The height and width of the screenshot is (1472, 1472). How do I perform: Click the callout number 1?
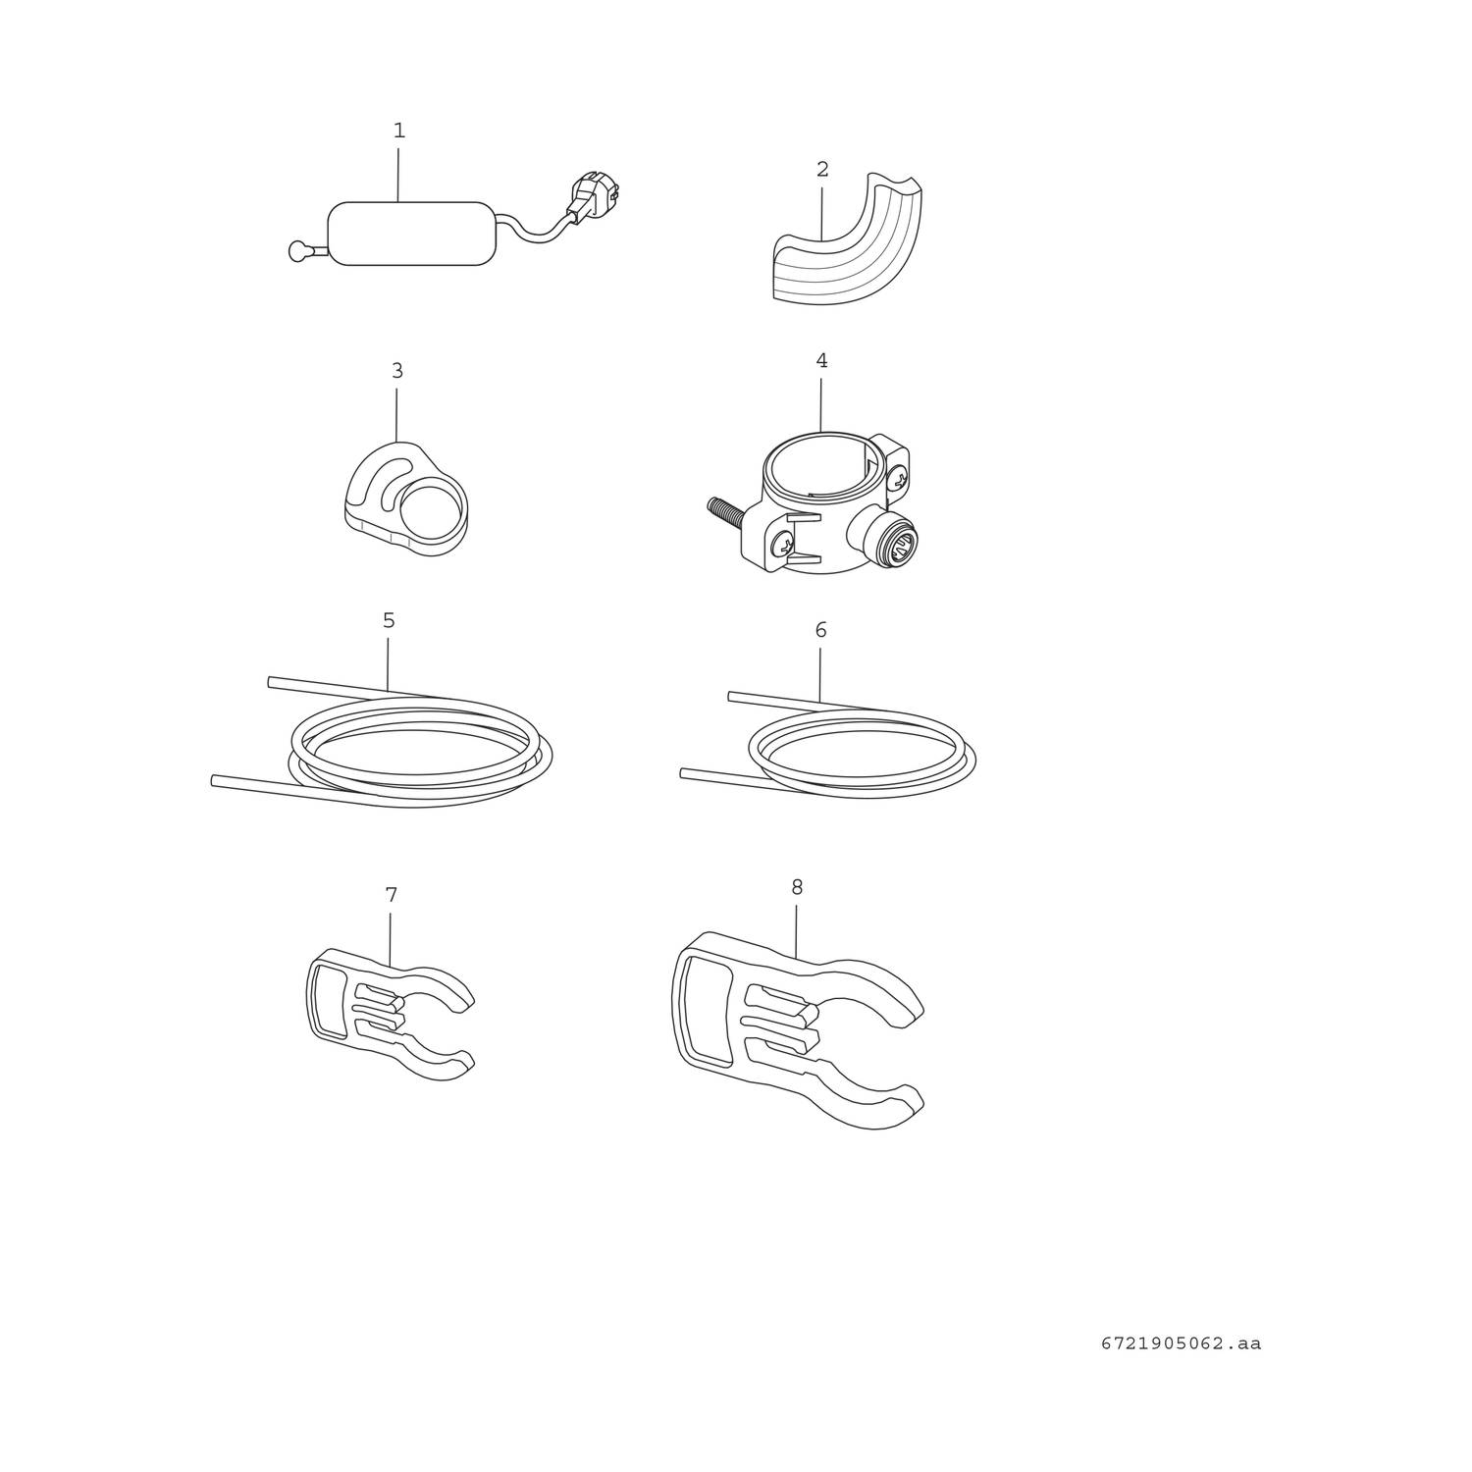[399, 131]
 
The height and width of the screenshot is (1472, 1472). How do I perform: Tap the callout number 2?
[822, 170]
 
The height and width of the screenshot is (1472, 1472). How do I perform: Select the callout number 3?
[397, 371]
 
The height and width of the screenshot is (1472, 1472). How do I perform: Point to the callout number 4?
[821, 361]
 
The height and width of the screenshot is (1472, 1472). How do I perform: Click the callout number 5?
[389, 620]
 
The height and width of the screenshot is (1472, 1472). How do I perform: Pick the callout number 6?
[820, 630]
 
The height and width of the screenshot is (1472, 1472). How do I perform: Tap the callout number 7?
[392, 895]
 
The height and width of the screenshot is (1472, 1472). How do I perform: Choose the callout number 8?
[797, 887]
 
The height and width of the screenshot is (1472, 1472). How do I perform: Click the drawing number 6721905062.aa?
[1181, 1343]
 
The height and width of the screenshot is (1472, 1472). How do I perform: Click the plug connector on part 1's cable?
[594, 196]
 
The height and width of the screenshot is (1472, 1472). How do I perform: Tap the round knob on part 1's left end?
[298, 252]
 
